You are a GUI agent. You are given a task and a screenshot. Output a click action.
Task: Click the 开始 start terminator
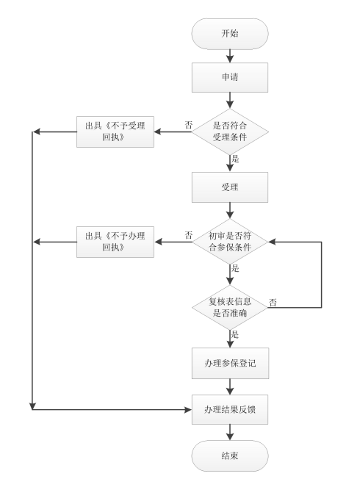tap(230, 35)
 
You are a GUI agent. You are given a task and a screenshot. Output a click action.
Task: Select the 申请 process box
tap(230, 76)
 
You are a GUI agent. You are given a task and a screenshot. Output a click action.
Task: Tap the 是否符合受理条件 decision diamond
tap(230, 132)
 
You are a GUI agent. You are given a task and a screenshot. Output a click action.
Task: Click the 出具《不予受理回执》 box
tap(115, 132)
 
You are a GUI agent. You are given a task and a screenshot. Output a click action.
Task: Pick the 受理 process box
tap(230, 187)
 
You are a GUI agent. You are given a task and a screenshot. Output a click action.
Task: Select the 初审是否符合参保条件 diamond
tap(230, 242)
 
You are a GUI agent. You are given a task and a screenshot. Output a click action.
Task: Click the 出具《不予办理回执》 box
tap(115, 242)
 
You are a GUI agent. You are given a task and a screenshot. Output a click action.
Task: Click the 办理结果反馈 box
tap(230, 408)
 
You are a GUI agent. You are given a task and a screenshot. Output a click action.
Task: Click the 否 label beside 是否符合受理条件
tap(188, 125)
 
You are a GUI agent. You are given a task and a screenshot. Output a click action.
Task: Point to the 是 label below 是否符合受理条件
tap(236, 159)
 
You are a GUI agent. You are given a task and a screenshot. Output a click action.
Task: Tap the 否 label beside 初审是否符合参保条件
tap(188, 236)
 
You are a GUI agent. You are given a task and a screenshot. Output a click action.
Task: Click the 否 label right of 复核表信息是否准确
tap(273, 302)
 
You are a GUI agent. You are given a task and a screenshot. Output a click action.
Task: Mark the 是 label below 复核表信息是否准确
tap(236, 334)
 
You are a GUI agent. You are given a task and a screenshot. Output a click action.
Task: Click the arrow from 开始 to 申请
tap(230, 55)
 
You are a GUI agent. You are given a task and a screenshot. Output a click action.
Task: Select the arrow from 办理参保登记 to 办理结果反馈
tap(230, 385)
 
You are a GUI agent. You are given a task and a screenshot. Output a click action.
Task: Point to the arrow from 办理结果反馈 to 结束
tap(230, 431)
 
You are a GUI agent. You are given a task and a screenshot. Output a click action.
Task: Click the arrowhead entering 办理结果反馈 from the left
tap(187, 408)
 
